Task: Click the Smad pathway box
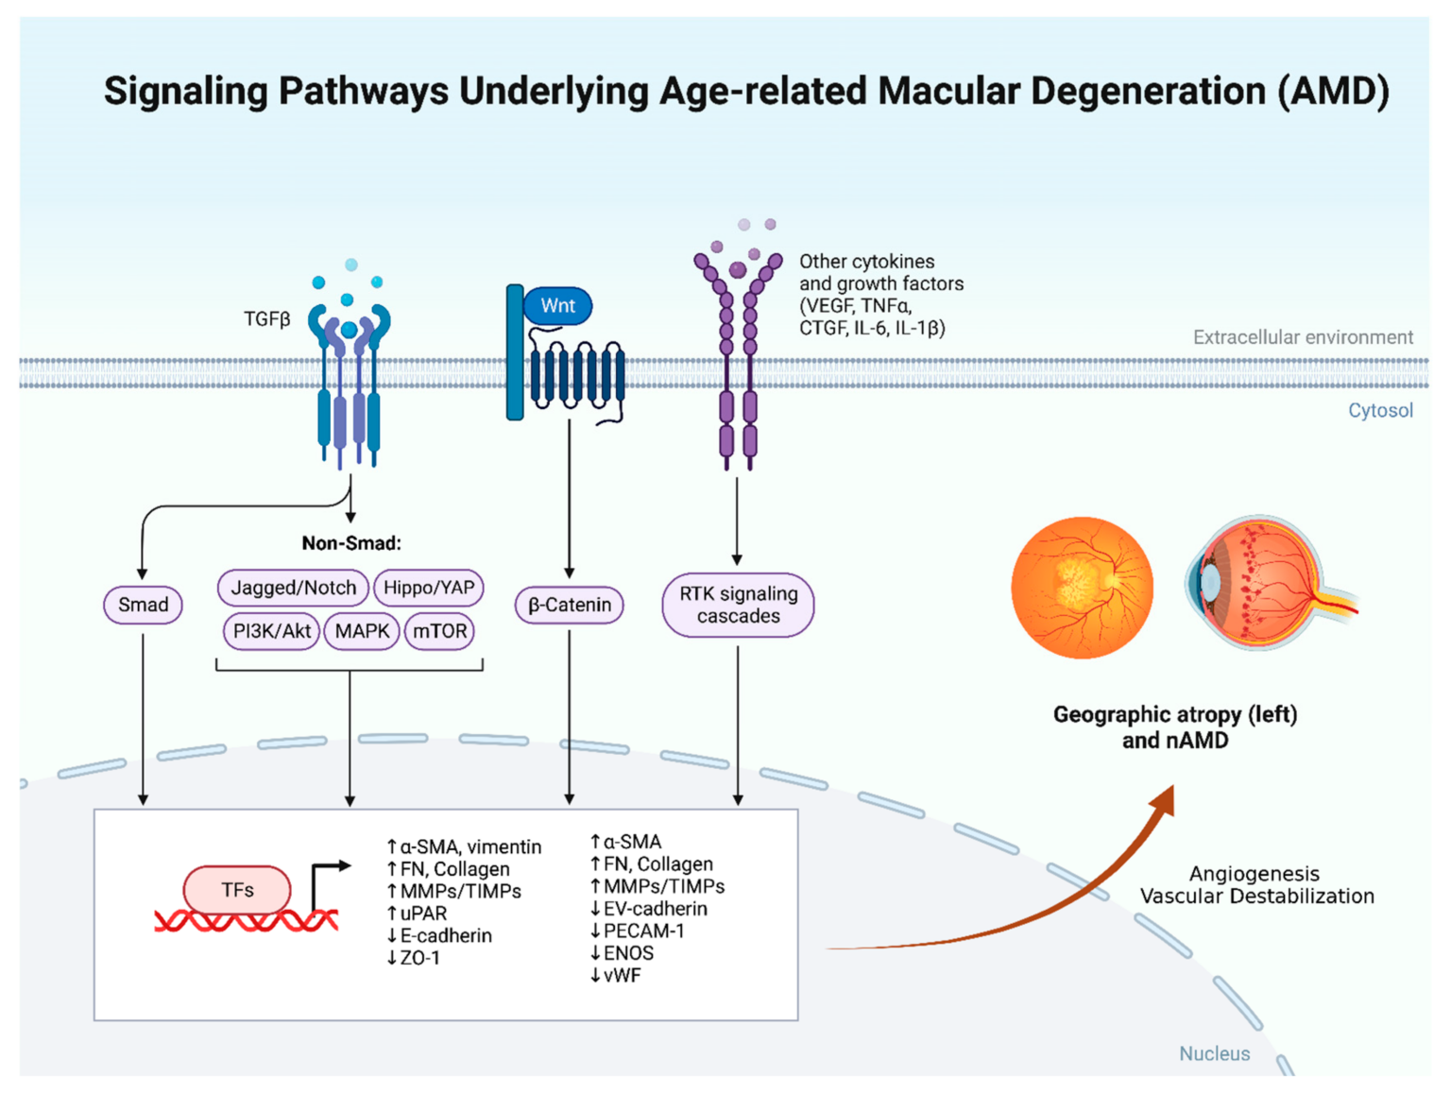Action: pyautogui.click(x=143, y=605)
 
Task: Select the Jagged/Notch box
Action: pyautogui.click(x=293, y=588)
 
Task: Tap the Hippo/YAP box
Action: pyautogui.click(x=429, y=588)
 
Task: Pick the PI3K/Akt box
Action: pyautogui.click(x=271, y=631)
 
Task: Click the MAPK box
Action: pyautogui.click(x=362, y=631)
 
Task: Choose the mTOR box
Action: pyautogui.click(x=439, y=631)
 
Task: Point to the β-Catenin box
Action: pyautogui.click(x=570, y=605)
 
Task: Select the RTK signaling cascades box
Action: pyautogui.click(x=738, y=605)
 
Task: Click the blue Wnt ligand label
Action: pyautogui.click(x=557, y=306)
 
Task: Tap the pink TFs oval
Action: pyautogui.click(x=237, y=890)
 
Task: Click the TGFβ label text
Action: pyautogui.click(x=266, y=319)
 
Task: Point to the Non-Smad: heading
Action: pyautogui.click(x=351, y=543)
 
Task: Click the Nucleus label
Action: pyautogui.click(x=1214, y=1053)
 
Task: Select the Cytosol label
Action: pyautogui.click(x=1379, y=410)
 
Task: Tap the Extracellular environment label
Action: pyautogui.click(x=1303, y=337)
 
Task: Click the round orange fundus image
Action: pyautogui.click(x=1082, y=587)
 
